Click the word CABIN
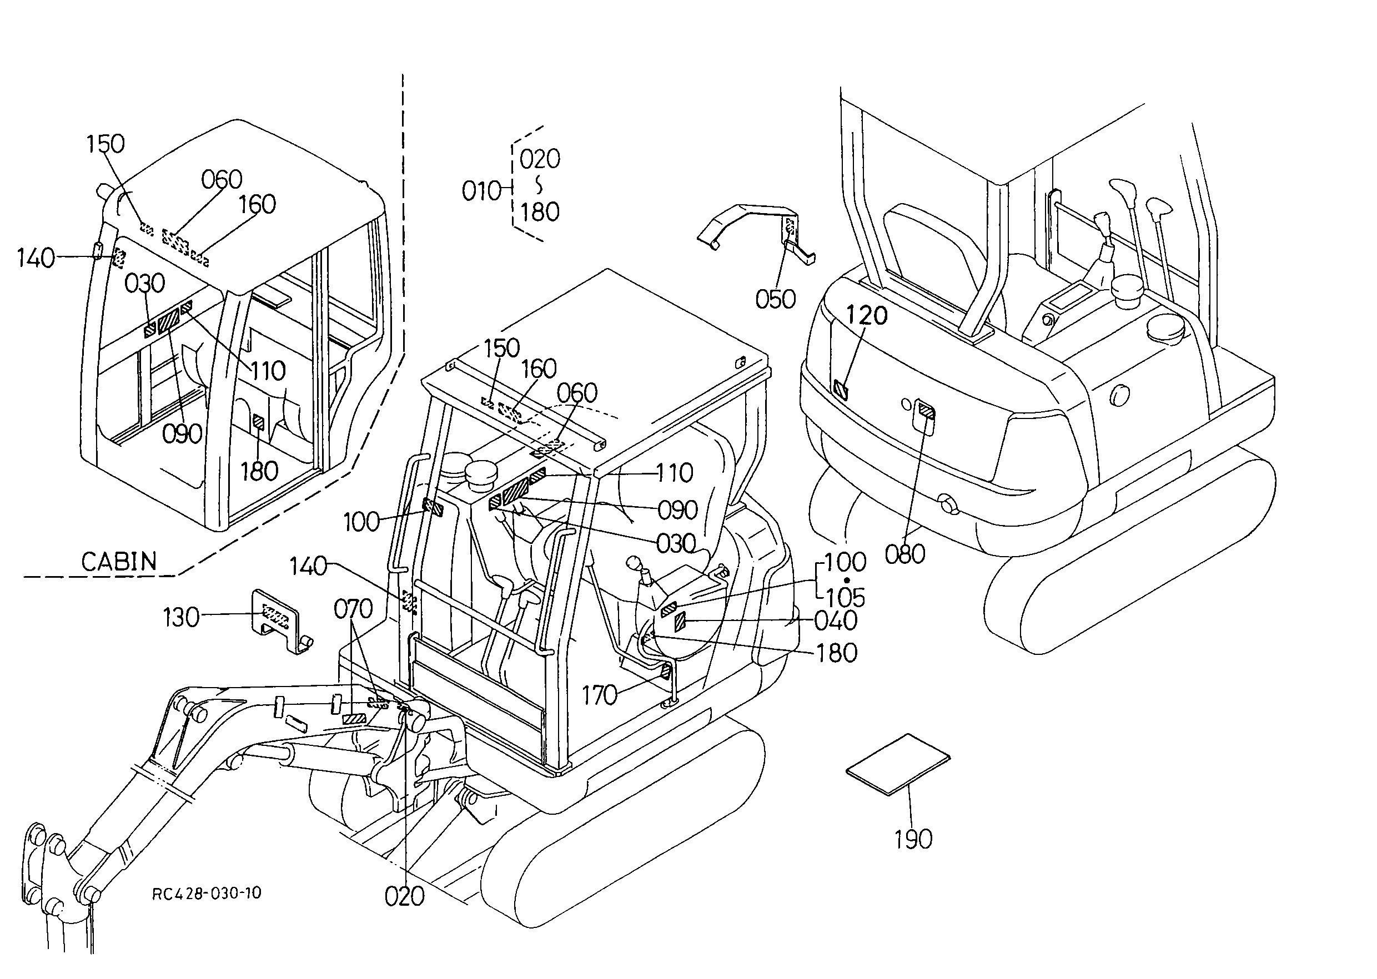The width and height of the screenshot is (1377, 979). [x=119, y=561]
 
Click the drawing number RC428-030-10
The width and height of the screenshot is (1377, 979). [x=207, y=893]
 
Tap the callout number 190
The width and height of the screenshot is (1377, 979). [x=913, y=839]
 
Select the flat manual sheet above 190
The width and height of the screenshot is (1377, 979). [x=898, y=764]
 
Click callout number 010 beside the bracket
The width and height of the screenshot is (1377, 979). [x=481, y=191]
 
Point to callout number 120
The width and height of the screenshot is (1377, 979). [x=866, y=315]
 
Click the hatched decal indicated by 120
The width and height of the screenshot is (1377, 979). [x=840, y=391]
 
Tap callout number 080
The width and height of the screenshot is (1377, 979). [x=904, y=553]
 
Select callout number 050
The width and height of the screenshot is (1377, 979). [x=775, y=299]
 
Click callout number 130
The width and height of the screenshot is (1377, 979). [x=181, y=617]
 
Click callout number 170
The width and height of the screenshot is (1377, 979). [x=599, y=695]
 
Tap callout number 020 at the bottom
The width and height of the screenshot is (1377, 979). [x=405, y=896]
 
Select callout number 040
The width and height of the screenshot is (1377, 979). [x=836, y=620]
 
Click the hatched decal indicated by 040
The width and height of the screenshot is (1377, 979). [x=680, y=620]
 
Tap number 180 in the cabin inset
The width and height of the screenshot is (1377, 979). [x=259, y=471]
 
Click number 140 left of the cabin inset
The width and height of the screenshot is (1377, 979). [x=36, y=258]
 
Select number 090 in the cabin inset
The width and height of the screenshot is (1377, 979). [x=182, y=433]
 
